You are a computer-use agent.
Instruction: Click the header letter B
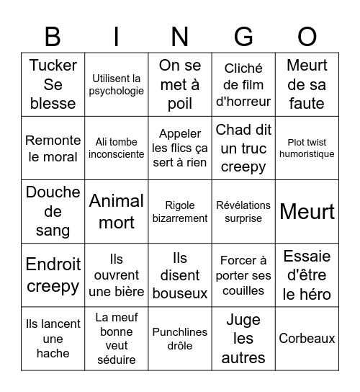click(x=53, y=36)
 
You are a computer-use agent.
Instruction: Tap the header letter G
click(x=243, y=36)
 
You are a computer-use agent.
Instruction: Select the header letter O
click(x=307, y=36)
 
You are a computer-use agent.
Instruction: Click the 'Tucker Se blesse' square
click(x=53, y=84)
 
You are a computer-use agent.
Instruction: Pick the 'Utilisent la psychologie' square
click(x=116, y=84)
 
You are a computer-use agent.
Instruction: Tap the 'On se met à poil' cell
click(x=180, y=84)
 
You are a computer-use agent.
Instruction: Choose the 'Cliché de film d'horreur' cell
click(x=243, y=84)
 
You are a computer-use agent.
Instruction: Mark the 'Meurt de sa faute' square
click(x=307, y=84)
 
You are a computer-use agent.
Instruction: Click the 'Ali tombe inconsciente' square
click(x=116, y=148)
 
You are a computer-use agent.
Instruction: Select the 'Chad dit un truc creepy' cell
click(x=243, y=148)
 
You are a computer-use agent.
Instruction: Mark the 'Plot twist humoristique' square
click(x=307, y=148)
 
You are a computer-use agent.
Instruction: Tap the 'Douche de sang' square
click(x=53, y=211)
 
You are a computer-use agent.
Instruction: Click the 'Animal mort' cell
click(x=116, y=211)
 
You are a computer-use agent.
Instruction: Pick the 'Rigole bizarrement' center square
click(x=180, y=211)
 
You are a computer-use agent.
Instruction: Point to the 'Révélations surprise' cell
click(x=243, y=211)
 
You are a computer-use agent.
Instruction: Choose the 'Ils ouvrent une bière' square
click(x=116, y=275)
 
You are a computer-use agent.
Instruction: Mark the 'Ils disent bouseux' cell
click(x=180, y=275)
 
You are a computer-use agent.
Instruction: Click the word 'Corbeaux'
click(x=307, y=338)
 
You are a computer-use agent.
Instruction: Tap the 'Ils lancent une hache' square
click(x=53, y=338)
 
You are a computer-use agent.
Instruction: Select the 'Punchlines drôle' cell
click(x=180, y=338)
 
